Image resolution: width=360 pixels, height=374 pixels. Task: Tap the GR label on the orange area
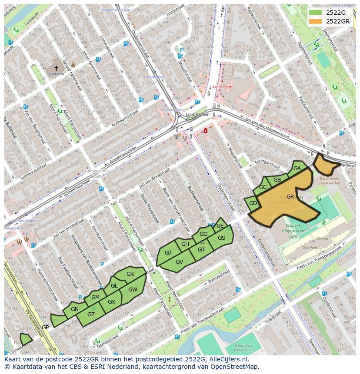pyautogui.click(x=290, y=197)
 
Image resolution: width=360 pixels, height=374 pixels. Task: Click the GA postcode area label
pyautogui.click(x=297, y=169)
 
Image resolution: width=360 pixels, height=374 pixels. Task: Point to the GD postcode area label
pyautogui.click(x=253, y=203)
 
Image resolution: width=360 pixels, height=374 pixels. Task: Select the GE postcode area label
pyautogui.click(x=220, y=226)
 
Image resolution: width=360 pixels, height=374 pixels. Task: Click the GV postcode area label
pyautogui.click(x=179, y=261)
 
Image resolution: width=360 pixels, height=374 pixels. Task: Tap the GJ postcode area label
pyautogui.click(x=168, y=253)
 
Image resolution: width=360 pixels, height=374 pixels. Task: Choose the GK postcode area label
pyautogui.click(x=130, y=274)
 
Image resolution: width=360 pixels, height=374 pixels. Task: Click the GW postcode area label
pyautogui.click(x=133, y=290)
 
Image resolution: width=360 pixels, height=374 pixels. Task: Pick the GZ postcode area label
pyautogui.click(x=91, y=314)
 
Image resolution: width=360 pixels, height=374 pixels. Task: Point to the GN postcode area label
pyautogui.click(x=74, y=309)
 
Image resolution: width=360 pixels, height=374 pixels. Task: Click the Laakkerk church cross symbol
pyautogui.click(x=56, y=68)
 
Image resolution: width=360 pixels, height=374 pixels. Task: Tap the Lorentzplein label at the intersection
pyautogui.click(x=198, y=114)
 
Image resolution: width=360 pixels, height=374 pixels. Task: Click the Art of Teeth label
pyautogui.click(x=222, y=87)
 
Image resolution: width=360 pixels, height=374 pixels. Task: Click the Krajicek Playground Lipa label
pyautogui.click(x=296, y=228)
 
